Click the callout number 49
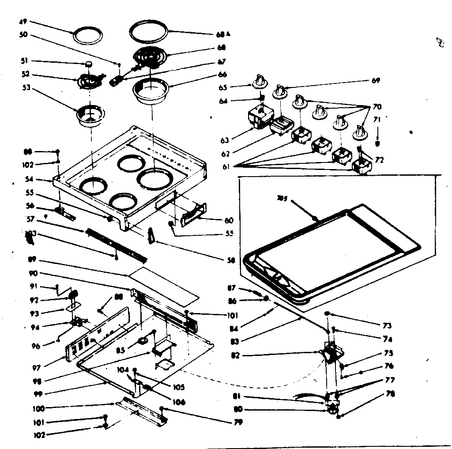click(23, 21)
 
